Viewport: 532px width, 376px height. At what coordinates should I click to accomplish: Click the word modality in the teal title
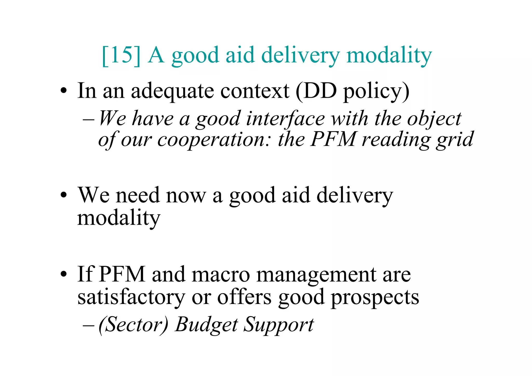click(x=389, y=56)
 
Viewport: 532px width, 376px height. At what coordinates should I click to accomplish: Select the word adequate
click(x=172, y=91)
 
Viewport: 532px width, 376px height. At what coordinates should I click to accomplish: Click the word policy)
click(x=376, y=91)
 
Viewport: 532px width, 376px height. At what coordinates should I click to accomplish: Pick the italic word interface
click(x=285, y=119)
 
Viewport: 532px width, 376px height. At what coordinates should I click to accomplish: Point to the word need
click(x=137, y=195)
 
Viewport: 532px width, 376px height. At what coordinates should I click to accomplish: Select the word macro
click(x=221, y=275)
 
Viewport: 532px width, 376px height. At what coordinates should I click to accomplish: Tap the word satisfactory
click(x=131, y=297)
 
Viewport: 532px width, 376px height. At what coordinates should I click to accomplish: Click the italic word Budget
click(x=206, y=325)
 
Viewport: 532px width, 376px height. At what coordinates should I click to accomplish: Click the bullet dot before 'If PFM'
click(x=63, y=274)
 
